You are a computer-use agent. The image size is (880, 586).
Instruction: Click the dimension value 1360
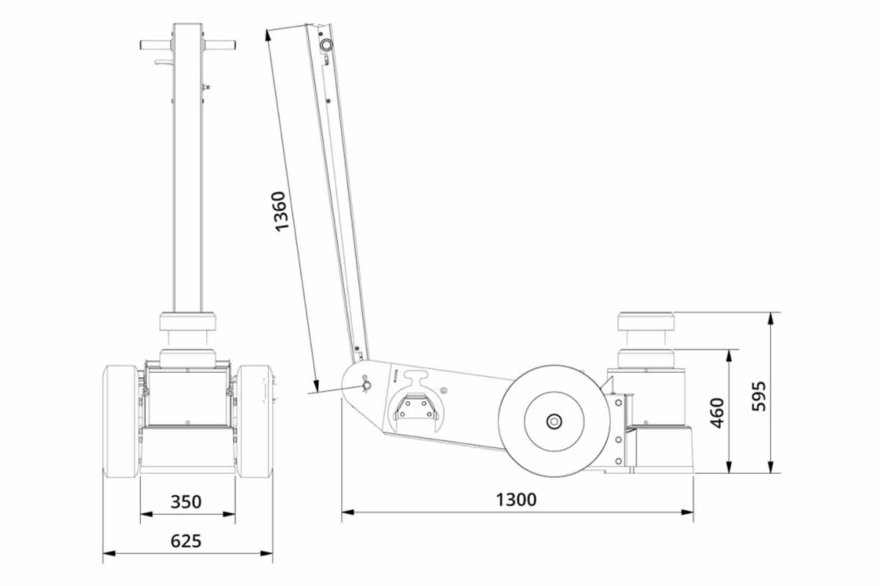point(281,212)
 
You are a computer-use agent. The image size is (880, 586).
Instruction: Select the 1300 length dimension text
point(516,500)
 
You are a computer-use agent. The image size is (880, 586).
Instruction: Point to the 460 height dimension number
point(717,412)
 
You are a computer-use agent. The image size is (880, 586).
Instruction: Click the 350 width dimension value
point(186,502)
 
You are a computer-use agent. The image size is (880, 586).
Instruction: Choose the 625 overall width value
point(186,541)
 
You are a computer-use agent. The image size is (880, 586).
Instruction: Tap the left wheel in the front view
point(121,421)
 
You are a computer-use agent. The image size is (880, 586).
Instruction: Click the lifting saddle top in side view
point(646,322)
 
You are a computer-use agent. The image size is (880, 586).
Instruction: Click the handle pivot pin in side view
point(365,385)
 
